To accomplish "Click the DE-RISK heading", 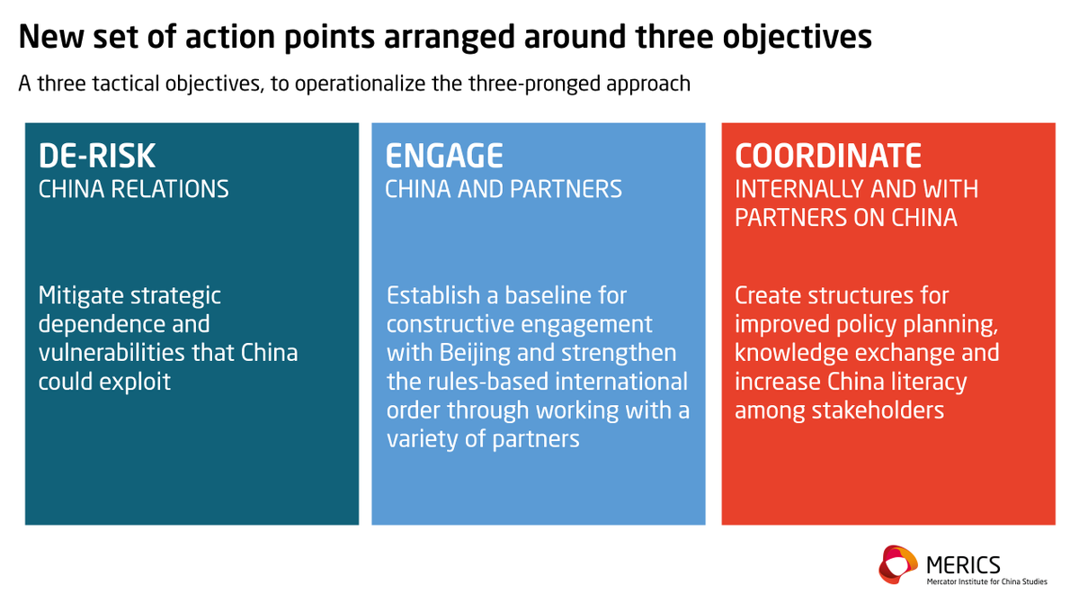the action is click(97, 156).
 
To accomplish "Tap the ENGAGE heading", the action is click(444, 156).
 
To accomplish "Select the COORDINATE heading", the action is click(828, 156).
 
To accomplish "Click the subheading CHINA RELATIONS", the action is click(133, 189).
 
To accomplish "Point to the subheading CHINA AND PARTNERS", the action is click(504, 189).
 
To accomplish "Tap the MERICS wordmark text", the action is click(962, 563).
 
